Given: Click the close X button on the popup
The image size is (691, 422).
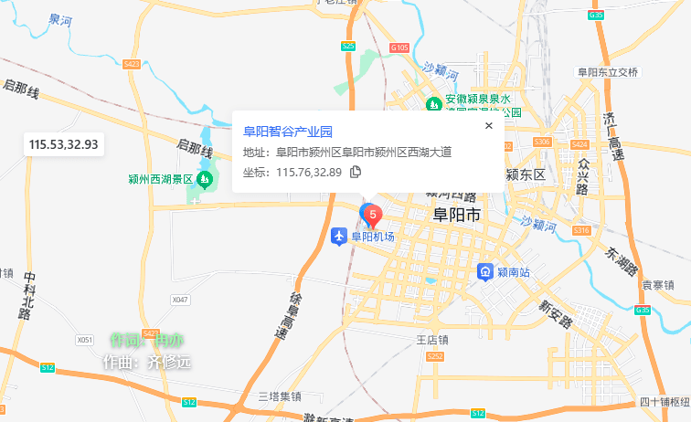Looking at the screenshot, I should pos(488,126).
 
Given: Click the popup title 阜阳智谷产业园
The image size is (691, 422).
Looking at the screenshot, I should pos(287,132).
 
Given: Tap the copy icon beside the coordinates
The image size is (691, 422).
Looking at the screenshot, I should pos(356,172).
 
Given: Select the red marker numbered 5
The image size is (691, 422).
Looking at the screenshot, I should pos(373,215).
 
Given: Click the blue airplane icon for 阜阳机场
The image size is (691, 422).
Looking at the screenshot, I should pos(338,237).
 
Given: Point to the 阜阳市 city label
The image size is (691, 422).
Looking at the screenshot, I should pos(455,216).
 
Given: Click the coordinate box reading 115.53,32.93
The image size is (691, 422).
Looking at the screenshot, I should pos(63,144).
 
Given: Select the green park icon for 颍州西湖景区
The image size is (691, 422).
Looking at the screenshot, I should pos(205,179).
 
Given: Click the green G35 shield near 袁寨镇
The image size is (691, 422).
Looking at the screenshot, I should pos(643,310).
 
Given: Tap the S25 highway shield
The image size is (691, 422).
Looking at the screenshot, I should pos(348,45).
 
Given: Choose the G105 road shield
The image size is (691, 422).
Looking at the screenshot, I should pos(399,47).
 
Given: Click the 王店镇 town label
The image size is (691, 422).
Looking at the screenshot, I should pos(432,339).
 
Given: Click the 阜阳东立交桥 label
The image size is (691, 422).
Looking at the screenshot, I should pos(607,72).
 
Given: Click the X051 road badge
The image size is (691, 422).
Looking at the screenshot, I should pos(85,340).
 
